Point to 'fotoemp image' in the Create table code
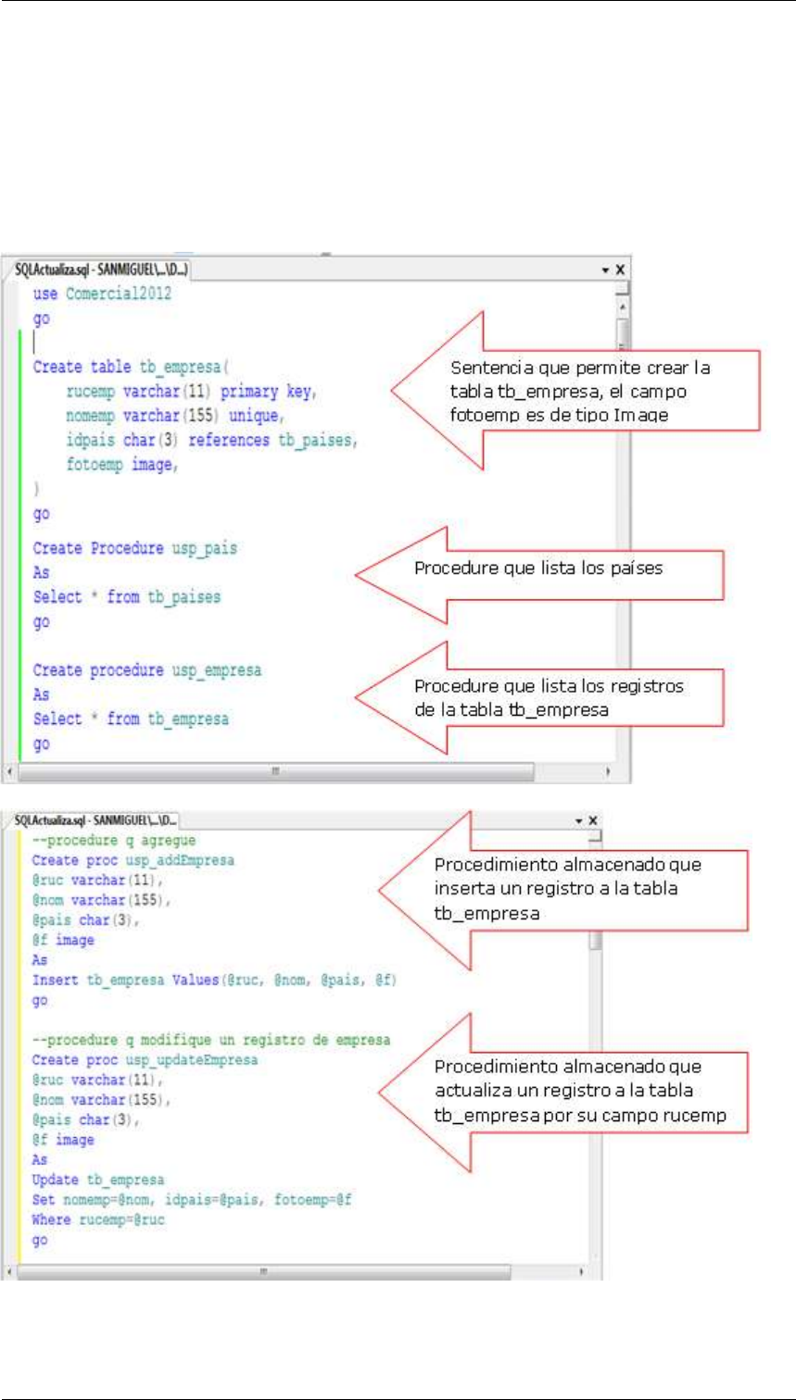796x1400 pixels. [120, 466]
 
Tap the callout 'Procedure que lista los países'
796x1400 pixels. [537, 569]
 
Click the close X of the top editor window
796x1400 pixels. [620, 269]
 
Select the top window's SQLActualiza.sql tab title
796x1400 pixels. [99, 269]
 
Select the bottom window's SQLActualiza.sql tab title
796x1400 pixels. [93, 820]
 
